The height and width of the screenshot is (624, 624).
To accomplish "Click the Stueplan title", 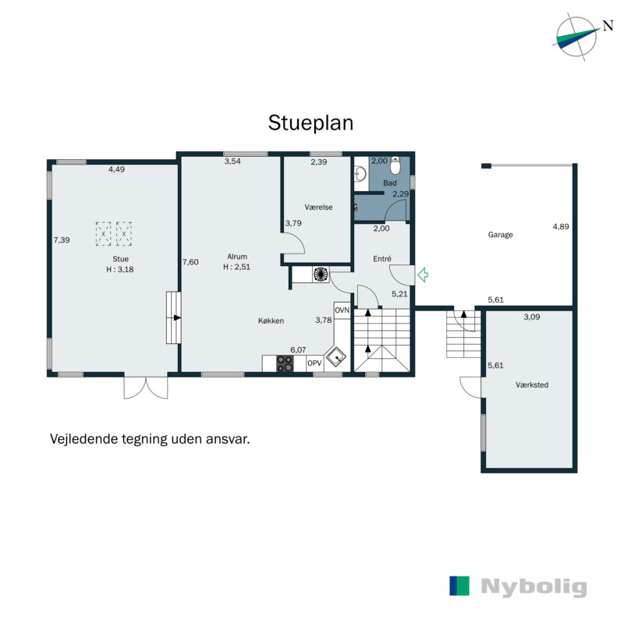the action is coord(310,123).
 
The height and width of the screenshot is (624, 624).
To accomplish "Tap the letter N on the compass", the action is coord(608,26).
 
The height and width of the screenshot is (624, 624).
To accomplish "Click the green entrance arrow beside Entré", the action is coord(423,275).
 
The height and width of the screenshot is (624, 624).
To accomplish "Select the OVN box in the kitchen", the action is coord(342,310).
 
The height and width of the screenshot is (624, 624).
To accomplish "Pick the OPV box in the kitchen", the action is coord(314,363).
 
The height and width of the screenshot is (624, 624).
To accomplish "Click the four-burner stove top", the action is coord(285,363).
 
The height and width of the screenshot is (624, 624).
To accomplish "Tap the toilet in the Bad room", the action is coord(395,165).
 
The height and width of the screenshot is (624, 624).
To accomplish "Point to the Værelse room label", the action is coord(318,207).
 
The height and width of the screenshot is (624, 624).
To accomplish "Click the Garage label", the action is coord(500,235).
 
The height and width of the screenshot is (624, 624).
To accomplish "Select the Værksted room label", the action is coord(532,385).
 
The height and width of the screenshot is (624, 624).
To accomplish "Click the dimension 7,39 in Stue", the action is coord(62,240).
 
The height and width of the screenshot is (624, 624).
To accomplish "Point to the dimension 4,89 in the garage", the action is coord(561,226).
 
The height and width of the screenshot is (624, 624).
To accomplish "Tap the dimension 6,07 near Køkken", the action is coord(298,349).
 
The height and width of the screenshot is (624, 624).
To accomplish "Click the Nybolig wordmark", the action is coord(534,587).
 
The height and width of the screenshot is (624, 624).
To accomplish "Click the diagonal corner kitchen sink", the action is coord(336,357).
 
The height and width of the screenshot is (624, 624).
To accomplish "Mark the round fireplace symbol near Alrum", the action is coord(321,274).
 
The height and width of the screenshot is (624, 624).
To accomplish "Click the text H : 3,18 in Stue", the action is coord(120,269).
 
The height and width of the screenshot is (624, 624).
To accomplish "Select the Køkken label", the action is coord(271,321).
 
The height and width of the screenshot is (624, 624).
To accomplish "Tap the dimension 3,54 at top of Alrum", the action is coord(232,161).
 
